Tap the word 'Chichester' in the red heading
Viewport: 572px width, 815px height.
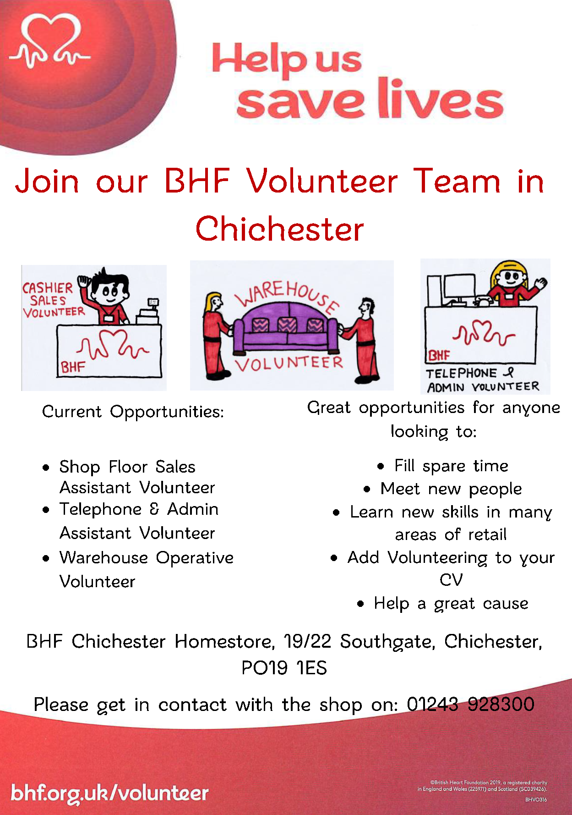(279, 229)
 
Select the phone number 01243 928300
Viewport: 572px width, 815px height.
(470, 704)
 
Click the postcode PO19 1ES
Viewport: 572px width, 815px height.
(284, 668)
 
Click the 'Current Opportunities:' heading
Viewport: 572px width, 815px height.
(133, 412)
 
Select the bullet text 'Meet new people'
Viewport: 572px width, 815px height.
(451, 489)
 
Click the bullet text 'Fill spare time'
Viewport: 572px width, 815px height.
(452, 466)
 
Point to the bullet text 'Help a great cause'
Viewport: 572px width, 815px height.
(451, 604)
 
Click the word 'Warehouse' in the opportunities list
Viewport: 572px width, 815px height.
(104, 557)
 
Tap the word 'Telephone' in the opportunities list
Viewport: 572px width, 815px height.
(101, 509)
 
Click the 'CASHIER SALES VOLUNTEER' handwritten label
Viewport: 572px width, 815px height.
(54, 300)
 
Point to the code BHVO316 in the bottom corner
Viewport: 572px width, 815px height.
(536, 800)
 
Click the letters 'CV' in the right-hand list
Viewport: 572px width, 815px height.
(451, 580)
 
